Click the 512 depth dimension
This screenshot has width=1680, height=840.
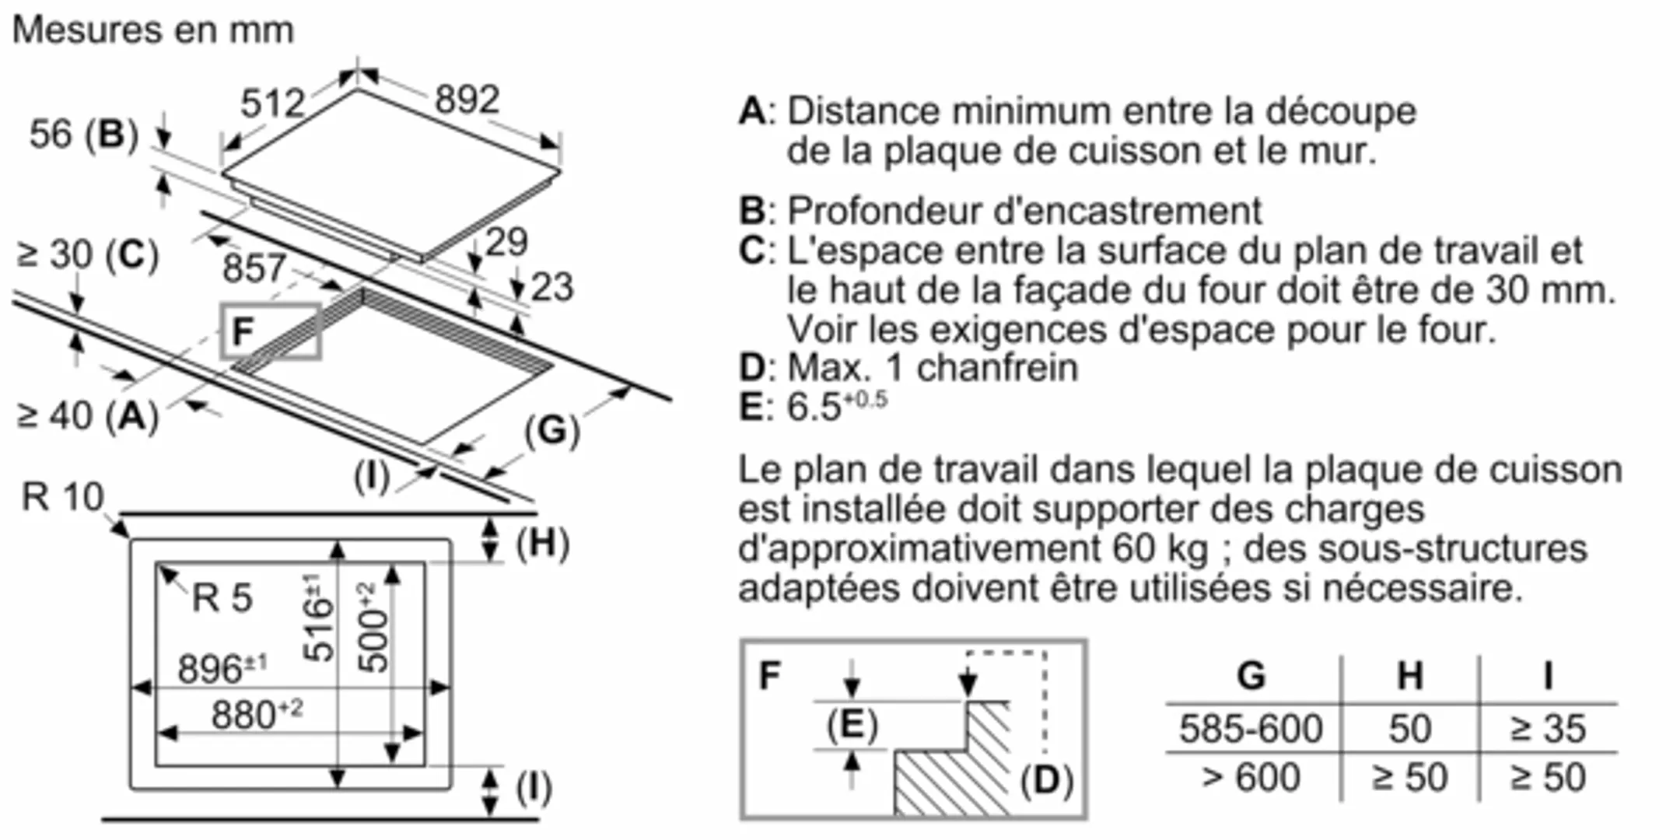click(272, 103)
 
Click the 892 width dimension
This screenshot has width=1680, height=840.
click(467, 100)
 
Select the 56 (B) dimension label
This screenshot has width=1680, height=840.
click(83, 134)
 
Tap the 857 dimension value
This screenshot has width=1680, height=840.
click(254, 268)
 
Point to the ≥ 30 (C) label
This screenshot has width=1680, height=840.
click(87, 254)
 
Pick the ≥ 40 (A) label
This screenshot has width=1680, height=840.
click(87, 415)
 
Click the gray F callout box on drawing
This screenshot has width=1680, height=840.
click(271, 332)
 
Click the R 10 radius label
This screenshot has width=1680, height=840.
click(62, 497)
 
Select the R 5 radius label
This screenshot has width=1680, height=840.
click(222, 598)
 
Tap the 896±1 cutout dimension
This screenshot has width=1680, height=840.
click(222, 669)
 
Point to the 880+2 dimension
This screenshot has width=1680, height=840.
click(257, 715)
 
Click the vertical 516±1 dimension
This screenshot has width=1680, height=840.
click(318, 618)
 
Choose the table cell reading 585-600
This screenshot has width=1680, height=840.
click(1251, 729)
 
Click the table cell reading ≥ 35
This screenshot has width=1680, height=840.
click(1548, 729)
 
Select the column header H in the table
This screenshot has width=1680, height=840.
click(1410, 675)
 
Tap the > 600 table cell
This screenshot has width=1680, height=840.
click(1251, 777)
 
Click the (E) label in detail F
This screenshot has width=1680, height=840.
click(852, 725)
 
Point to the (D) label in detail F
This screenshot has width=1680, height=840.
click(1047, 780)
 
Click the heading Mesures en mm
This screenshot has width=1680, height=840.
click(153, 31)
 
